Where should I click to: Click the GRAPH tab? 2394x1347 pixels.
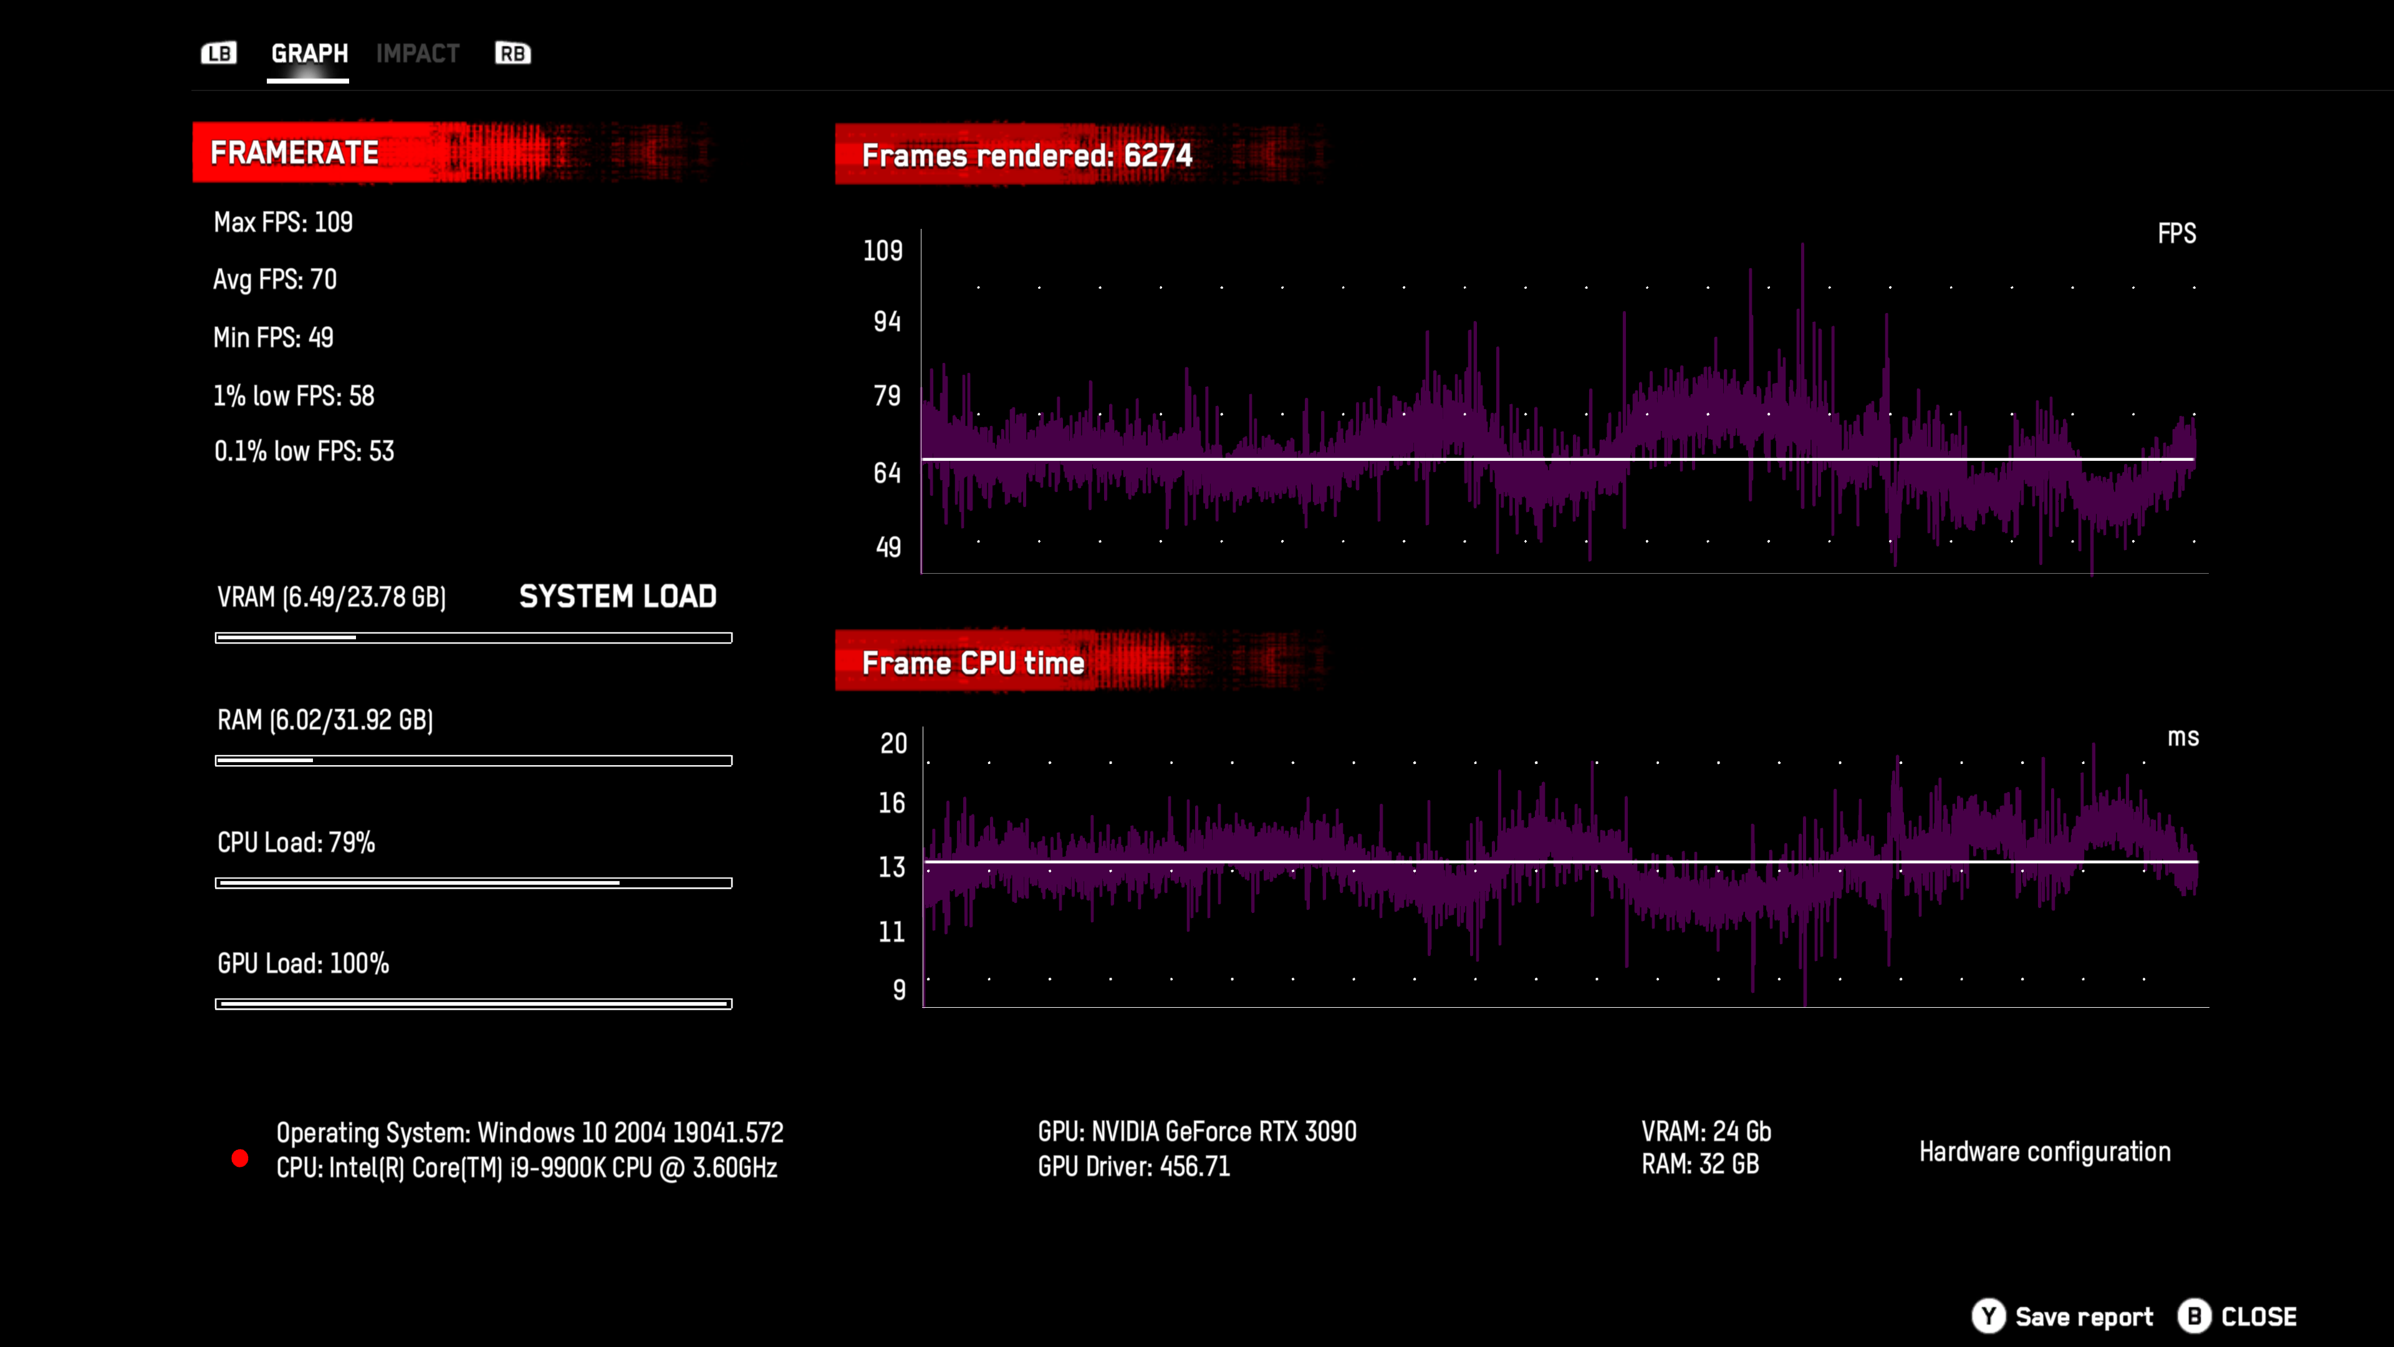tap(309, 53)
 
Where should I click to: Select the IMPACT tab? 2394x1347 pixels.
tap(417, 53)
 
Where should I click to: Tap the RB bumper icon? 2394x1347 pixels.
tap(512, 53)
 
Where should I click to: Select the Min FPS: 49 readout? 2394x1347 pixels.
tap(272, 337)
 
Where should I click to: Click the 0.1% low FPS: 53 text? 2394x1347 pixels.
tap(304, 451)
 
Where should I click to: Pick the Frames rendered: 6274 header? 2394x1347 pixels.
tap(1026, 155)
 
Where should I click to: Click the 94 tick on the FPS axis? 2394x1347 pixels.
tap(887, 322)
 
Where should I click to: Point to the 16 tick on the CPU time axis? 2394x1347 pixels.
tap(892, 803)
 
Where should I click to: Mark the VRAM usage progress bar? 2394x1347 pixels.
tap(473, 638)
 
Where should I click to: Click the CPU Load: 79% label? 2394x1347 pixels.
tap(296, 842)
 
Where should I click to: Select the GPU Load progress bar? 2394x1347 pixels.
tap(473, 1004)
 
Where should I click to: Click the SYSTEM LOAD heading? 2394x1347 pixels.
tap(617, 596)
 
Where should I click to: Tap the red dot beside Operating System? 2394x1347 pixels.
tap(240, 1158)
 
